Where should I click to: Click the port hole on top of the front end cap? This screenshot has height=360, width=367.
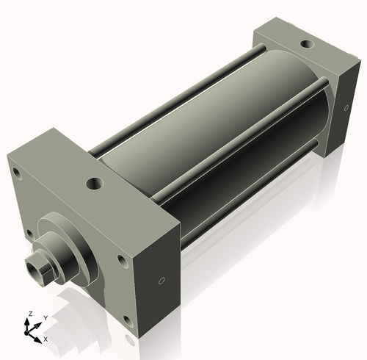coord(94,183)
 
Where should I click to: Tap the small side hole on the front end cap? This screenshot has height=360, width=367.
coord(162,280)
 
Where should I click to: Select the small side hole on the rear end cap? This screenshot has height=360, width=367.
coord(346,109)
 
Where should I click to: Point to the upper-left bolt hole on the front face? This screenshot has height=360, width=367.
coord(14,173)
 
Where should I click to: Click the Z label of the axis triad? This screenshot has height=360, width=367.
coord(29,314)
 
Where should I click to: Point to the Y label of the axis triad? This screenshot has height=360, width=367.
coord(45,317)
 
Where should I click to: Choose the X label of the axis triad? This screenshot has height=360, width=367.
coord(46,339)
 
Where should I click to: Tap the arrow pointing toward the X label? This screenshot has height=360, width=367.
coord(38,336)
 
